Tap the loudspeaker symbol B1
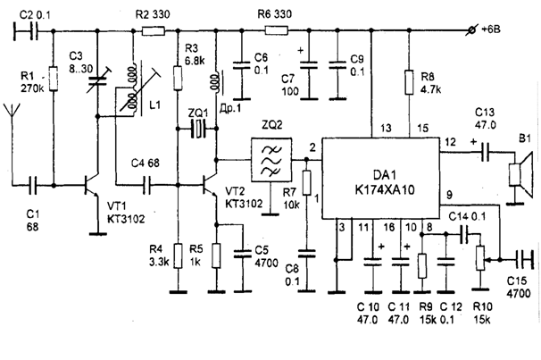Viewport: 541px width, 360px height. point(521,175)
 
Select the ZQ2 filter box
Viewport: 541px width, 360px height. point(271,160)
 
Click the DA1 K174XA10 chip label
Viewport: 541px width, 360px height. point(385,182)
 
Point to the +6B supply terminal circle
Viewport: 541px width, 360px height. point(471,30)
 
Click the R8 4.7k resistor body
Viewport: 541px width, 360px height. point(409,82)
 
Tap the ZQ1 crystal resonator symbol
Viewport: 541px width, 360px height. point(197,129)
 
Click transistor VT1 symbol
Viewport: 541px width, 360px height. point(92,186)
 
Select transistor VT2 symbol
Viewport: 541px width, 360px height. point(210,186)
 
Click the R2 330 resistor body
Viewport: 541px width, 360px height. point(154,31)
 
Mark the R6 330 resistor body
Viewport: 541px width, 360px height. point(277,30)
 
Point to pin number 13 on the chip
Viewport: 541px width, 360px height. point(386,129)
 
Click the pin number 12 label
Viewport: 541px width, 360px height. point(450,142)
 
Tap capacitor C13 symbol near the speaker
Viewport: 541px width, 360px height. point(485,152)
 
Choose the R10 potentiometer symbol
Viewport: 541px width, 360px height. point(480,258)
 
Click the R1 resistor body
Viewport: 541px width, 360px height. point(54,79)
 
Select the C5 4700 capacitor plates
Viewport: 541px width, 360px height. point(243,254)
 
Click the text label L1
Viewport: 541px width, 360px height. point(155,105)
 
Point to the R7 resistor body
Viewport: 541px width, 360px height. point(306,182)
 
